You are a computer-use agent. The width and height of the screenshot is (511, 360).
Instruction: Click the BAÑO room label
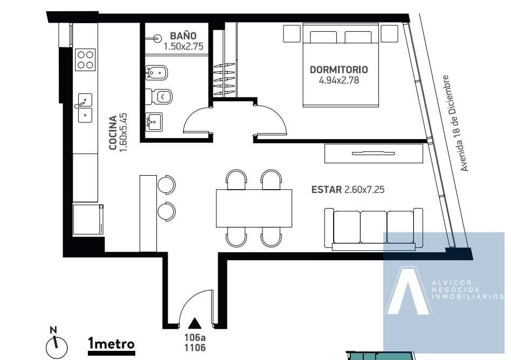tap(183, 36)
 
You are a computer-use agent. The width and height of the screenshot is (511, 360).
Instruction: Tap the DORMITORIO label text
tap(339, 70)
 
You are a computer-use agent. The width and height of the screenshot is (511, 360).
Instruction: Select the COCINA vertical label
tap(113, 133)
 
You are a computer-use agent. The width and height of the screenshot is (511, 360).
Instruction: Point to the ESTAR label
tap(327, 190)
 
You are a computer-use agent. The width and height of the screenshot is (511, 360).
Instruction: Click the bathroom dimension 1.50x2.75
tap(183, 46)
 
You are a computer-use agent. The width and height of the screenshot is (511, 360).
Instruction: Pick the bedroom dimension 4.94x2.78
tap(339, 80)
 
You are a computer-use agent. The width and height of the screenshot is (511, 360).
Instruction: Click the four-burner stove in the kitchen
tap(85, 60)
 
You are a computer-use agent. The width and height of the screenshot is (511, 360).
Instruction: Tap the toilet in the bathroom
tap(158, 96)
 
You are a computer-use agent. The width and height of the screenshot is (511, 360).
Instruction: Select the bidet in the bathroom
tap(156, 73)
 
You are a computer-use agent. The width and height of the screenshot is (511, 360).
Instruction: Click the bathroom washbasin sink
tap(154, 122)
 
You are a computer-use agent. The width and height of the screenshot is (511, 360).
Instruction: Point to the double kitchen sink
tap(85, 108)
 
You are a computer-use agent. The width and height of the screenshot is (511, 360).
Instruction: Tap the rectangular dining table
tap(254, 208)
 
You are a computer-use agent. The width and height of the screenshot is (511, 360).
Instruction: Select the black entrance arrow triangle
tap(195, 323)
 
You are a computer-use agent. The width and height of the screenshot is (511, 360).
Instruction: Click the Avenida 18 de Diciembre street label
tap(455, 123)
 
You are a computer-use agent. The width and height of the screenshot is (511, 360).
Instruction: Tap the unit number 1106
tap(195, 348)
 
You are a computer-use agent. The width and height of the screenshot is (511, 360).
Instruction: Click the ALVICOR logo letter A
tap(408, 290)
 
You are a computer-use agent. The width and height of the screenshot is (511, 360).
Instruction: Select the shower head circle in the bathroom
tap(158, 39)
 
